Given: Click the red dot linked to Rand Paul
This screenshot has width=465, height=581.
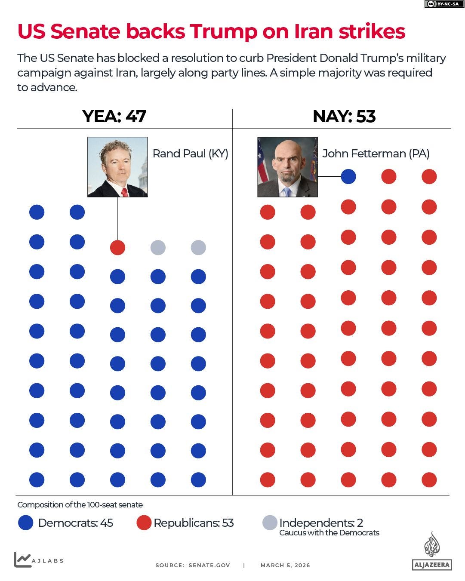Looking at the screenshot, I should click(x=117, y=248).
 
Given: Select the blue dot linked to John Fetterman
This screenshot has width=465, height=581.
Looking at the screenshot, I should click(x=348, y=176).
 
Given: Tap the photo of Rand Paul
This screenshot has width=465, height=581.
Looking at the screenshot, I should click(x=117, y=167).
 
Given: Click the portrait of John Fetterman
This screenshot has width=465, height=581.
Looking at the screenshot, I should click(x=287, y=167).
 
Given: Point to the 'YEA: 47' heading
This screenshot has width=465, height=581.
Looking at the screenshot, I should click(x=114, y=117).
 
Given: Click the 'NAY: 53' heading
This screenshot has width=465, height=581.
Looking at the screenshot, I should click(x=344, y=117).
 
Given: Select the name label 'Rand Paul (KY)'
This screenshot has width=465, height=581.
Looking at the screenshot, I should click(x=190, y=154).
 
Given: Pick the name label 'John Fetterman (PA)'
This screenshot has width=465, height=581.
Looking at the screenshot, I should click(x=376, y=154).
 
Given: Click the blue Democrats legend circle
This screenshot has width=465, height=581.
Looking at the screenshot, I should click(x=26, y=523).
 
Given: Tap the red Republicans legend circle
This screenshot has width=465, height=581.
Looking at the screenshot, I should click(x=144, y=523).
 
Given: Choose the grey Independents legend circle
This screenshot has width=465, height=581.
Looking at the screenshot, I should click(x=270, y=523).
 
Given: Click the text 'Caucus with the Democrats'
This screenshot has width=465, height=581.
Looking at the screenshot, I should click(x=329, y=533).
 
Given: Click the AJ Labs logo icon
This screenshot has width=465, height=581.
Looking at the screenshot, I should click(x=22, y=559).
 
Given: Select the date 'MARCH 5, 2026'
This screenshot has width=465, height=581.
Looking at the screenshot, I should click(x=285, y=566).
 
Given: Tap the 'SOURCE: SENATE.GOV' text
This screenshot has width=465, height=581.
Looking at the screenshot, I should click(x=193, y=566).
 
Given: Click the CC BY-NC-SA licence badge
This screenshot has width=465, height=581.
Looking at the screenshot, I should click(x=442, y=4).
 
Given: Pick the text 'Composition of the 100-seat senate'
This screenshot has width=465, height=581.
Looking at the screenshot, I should click(x=80, y=505).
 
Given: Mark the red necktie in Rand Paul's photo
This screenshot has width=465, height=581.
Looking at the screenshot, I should click(x=124, y=192).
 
